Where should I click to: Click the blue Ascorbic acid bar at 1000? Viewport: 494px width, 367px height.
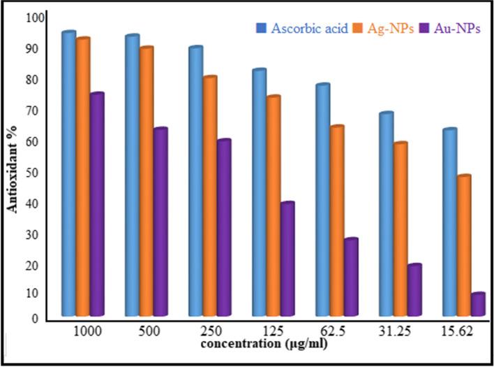pos(68,175)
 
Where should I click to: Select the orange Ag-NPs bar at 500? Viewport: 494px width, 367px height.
pos(146,182)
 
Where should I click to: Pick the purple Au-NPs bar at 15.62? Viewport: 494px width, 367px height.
pos(477,305)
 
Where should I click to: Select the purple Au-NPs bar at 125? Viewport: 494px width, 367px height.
pos(287,259)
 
